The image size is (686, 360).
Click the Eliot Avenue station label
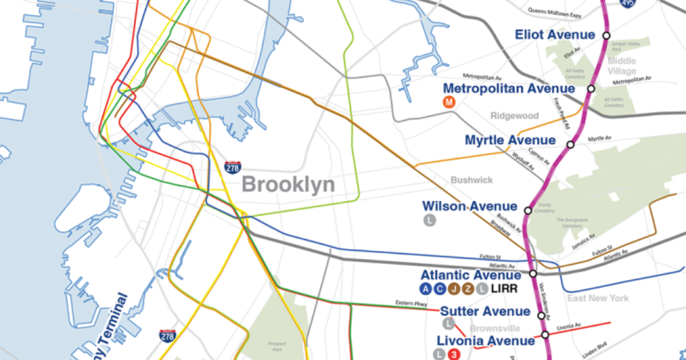pyautogui.click(x=555, y=35)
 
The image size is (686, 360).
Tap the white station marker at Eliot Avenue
pyautogui.click(x=606, y=35)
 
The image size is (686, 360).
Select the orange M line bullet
pyautogui.click(x=449, y=102)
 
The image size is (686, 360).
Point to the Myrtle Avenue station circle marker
pyautogui.click(x=570, y=145)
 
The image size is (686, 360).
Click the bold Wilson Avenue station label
pyautogui.click(x=469, y=206)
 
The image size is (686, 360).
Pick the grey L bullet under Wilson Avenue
pyautogui.click(x=429, y=220)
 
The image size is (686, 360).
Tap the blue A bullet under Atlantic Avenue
pyautogui.click(x=425, y=289)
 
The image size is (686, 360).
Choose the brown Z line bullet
pyautogui.click(x=468, y=289)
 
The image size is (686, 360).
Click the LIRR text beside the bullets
pyautogui.click(x=504, y=289)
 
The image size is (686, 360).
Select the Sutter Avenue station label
pyautogui.click(x=485, y=311)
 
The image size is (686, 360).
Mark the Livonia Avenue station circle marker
pyautogui.click(x=545, y=335)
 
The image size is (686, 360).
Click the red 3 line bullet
pyautogui.click(x=454, y=355)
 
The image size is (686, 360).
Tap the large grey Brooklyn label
pyautogui.click(x=288, y=185)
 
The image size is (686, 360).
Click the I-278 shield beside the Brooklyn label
pyautogui.click(x=233, y=167)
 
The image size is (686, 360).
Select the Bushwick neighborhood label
pyautogui.click(x=472, y=180)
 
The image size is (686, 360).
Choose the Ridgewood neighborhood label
pyautogui.click(x=514, y=116)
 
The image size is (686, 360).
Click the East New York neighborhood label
pyautogui.click(x=598, y=298)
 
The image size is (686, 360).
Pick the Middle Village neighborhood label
pyautogui.click(x=622, y=66)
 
